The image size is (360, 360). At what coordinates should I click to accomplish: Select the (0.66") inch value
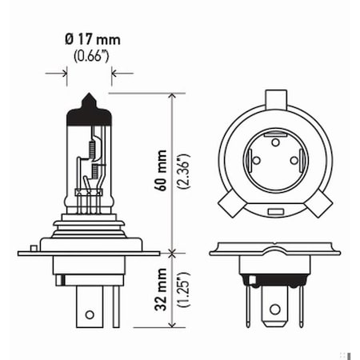(89, 56)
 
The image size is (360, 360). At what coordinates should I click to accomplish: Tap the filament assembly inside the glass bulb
(92, 160)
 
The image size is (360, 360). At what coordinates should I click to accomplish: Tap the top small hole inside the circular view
(275, 142)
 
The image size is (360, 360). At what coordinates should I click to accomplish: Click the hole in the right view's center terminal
(275, 308)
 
